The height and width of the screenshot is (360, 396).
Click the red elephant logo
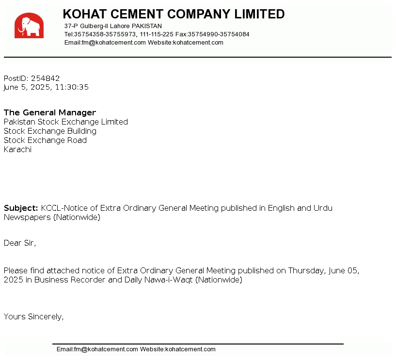pos(29,26)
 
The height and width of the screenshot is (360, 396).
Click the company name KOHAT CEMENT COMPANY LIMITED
pos(174,14)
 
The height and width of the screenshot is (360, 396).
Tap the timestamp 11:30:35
pos(72,87)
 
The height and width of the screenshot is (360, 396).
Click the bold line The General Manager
pos(50,112)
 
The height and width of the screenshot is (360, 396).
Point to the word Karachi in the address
pos(17,149)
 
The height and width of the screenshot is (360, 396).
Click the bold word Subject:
pos(21,208)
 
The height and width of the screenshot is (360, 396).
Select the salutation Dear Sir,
pos(20,243)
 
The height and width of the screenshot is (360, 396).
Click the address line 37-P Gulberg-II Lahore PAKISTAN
pos(113,26)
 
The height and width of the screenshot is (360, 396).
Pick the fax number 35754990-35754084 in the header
pos(219,34)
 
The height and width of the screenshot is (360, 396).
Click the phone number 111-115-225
pos(157,34)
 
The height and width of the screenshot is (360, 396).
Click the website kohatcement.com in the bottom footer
pos(190,349)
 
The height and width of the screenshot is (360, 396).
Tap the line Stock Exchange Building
pos(50,131)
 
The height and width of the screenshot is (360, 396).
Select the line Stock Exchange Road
pos(45,140)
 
